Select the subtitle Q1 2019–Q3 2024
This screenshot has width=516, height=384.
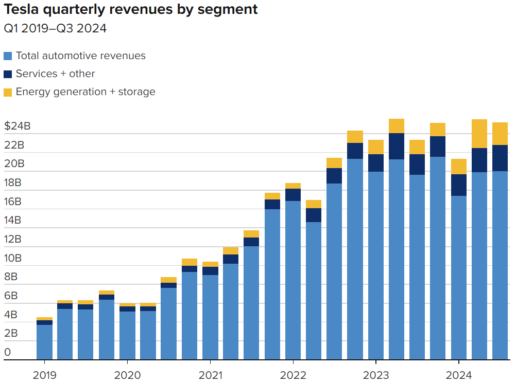[x=55, y=28]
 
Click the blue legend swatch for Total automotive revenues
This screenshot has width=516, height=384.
[x=8, y=56]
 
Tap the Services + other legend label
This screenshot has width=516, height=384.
[x=55, y=74]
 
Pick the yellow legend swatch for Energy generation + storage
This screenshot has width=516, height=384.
[x=8, y=92]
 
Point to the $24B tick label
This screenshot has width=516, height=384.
[x=17, y=126]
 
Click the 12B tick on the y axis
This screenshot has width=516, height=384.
[x=14, y=239]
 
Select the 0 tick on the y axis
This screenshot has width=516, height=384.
[x=7, y=352]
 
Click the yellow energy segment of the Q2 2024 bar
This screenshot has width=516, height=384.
[x=479, y=134]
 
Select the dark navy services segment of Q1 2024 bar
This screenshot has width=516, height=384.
[x=459, y=185]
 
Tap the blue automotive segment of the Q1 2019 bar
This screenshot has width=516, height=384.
[x=44, y=342]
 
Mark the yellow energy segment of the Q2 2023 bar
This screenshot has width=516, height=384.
[x=397, y=126]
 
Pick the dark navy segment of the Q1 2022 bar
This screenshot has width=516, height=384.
[x=293, y=195]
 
